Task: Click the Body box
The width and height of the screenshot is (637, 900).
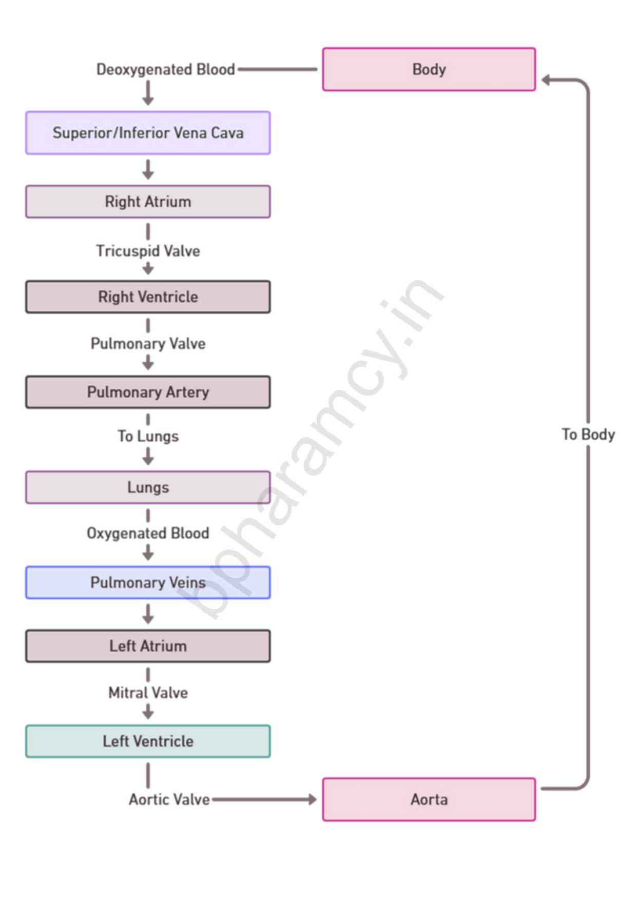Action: tap(429, 69)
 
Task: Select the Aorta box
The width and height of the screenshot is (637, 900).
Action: tap(429, 799)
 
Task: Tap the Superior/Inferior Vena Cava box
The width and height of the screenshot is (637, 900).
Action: tap(148, 133)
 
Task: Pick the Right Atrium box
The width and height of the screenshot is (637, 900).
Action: tap(148, 202)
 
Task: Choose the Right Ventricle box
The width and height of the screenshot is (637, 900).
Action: tap(148, 297)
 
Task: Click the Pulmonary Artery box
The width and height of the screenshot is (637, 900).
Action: tap(148, 392)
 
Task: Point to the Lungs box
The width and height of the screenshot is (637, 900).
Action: tap(148, 487)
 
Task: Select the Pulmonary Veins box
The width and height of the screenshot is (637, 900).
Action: tap(148, 582)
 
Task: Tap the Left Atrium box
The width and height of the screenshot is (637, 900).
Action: tap(148, 646)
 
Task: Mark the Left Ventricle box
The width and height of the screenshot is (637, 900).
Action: tap(148, 741)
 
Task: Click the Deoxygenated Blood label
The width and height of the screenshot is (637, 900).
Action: tap(165, 69)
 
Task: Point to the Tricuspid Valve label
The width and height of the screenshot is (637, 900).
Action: tap(148, 251)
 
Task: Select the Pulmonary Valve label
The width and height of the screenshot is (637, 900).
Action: tap(148, 343)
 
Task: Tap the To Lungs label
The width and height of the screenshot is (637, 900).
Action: tap(148, 436)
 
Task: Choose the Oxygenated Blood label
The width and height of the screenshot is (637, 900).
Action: tap(148, 533)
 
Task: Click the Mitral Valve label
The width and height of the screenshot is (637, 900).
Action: tap(148, 693)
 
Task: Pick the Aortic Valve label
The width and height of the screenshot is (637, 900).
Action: tap(169, 799)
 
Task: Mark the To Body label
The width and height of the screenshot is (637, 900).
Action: tap(588, 435)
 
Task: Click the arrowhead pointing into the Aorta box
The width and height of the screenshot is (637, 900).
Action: tap(312, 799)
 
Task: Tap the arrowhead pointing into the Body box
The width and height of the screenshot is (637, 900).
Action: tap(546, 80)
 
